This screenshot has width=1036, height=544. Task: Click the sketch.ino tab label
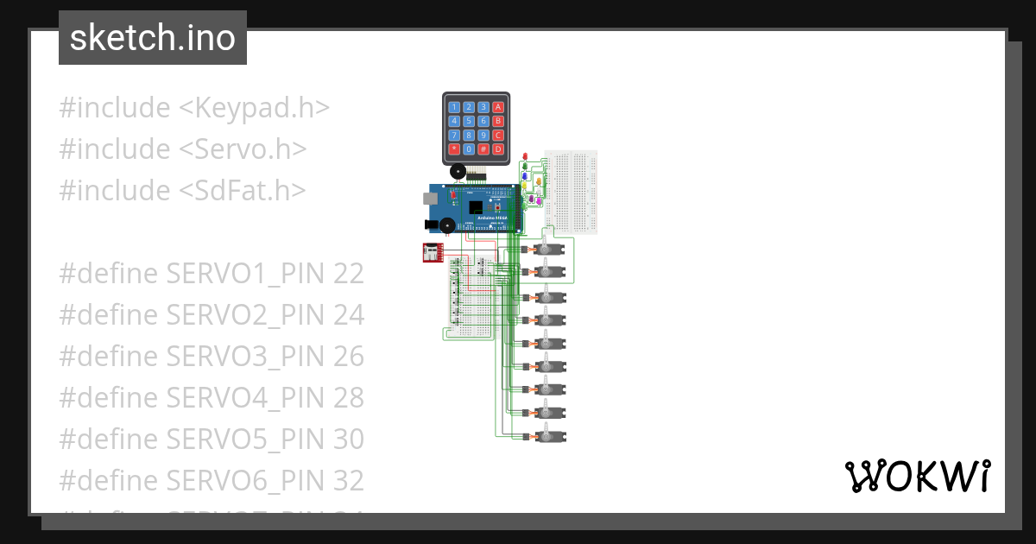tap(153, 38)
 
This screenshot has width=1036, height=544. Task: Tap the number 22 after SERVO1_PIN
tap(348, 274)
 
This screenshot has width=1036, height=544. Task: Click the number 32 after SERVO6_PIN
tap(348, 479)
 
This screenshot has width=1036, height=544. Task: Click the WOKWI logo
tap(917, 476)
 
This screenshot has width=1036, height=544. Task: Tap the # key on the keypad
tap(483, 149)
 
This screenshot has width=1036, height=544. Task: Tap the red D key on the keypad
tap(498, 149)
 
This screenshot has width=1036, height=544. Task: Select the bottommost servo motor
tap(550, 436)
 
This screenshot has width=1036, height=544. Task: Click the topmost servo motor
tap(550, 250)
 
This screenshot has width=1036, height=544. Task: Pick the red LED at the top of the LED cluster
tap(526, 156)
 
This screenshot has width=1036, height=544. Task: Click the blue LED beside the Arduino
tap(526, 176)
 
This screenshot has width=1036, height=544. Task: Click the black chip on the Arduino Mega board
tap(475, 207)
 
